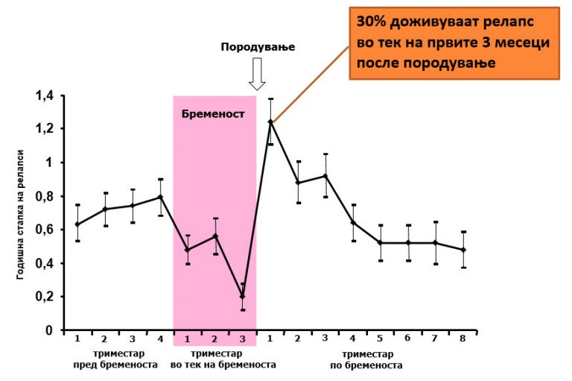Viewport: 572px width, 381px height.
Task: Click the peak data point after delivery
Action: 270,122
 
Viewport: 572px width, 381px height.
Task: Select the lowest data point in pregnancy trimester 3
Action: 243,296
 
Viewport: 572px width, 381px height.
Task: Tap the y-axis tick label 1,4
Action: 45,95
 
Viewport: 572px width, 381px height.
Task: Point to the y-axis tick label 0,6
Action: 45,230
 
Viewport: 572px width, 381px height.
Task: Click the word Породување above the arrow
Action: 258,46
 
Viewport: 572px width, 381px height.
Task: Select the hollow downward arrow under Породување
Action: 258,74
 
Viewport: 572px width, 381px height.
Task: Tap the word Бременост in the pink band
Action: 213,115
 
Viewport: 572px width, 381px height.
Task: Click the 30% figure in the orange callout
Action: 372,21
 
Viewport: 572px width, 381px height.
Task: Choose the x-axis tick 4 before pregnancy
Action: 160,339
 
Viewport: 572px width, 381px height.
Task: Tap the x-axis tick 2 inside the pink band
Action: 215,339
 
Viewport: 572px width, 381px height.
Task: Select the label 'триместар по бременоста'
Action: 366,359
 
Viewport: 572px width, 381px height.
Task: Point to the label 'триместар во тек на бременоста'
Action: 223,359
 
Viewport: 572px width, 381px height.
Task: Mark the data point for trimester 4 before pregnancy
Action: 160,197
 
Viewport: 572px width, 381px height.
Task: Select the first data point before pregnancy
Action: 77,224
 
